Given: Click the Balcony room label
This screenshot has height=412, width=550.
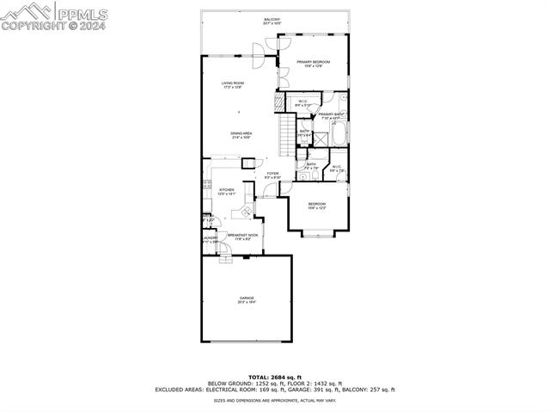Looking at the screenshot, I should (x=272, y=20).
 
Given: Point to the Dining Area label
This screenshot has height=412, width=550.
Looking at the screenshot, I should (x=241, y=135).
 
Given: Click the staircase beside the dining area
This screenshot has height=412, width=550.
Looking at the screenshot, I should (x=286, y=136).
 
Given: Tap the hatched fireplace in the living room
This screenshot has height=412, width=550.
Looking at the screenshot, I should (x=278, y=100).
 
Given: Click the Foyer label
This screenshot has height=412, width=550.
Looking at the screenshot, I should (x=272, y=175).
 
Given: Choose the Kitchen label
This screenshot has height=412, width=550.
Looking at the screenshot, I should (x=227, y=191).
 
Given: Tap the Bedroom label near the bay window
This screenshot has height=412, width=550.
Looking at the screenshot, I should (x=317, y=205).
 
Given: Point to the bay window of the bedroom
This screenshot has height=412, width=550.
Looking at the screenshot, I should (x=317, y=233).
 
